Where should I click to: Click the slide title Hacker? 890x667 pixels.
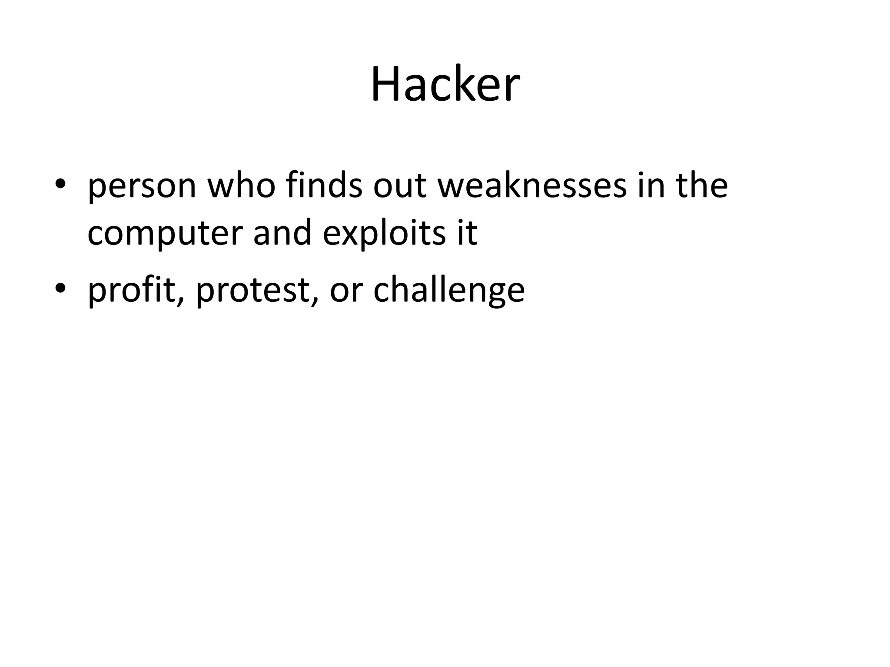coord(445,84)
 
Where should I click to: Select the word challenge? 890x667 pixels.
coord(449,290)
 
